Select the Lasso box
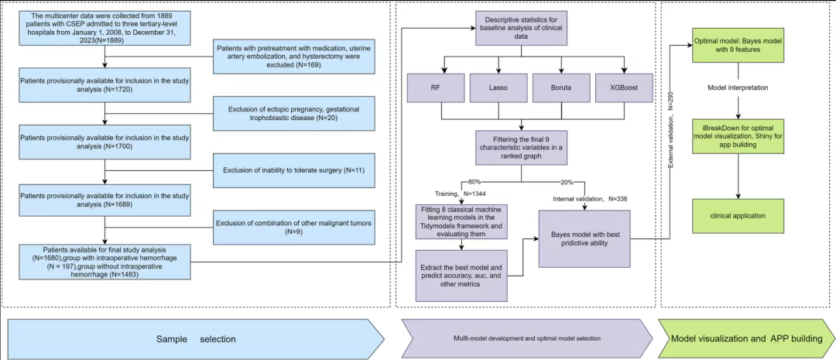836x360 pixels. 499,88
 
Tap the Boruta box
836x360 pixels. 561,88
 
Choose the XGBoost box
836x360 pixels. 624,88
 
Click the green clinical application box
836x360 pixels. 738,216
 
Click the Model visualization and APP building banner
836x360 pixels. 745,338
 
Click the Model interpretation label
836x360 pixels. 738,87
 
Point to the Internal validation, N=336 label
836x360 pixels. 589,199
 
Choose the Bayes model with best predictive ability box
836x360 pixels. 584,238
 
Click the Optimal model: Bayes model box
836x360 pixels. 738,45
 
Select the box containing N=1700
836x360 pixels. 105,142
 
